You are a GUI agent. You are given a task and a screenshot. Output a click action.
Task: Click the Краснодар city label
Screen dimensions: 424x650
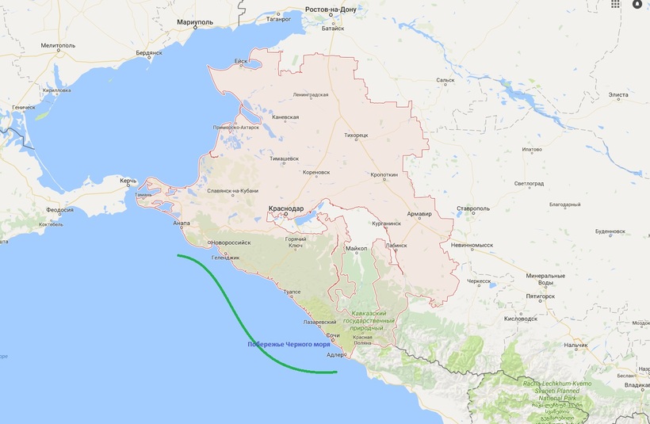tap(285, 208)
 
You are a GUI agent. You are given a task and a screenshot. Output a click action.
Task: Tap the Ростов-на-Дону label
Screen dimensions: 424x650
tap(336, 10)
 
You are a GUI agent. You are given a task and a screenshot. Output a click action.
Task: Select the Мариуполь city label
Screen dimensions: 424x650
tap(196, 23)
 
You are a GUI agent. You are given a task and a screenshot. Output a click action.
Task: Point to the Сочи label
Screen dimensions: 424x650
tap(333, 336)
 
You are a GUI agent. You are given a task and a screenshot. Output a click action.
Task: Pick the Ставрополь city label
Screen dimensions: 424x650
tap(472, 209)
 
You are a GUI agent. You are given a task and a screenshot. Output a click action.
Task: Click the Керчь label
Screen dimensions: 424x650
tap(128, 181)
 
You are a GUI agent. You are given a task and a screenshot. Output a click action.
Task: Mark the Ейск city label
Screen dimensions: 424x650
tap(241, 61)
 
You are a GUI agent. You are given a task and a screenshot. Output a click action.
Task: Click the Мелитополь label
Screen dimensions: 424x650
tap(57, 48)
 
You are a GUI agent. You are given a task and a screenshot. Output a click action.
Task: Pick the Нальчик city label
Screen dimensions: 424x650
tap(575, 345)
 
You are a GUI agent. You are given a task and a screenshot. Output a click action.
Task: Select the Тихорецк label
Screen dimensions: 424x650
tap(356, 135)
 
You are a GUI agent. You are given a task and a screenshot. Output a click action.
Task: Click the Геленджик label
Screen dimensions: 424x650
tap(225, 257)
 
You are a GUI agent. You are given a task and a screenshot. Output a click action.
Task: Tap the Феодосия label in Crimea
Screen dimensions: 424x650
tap(60, 210)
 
